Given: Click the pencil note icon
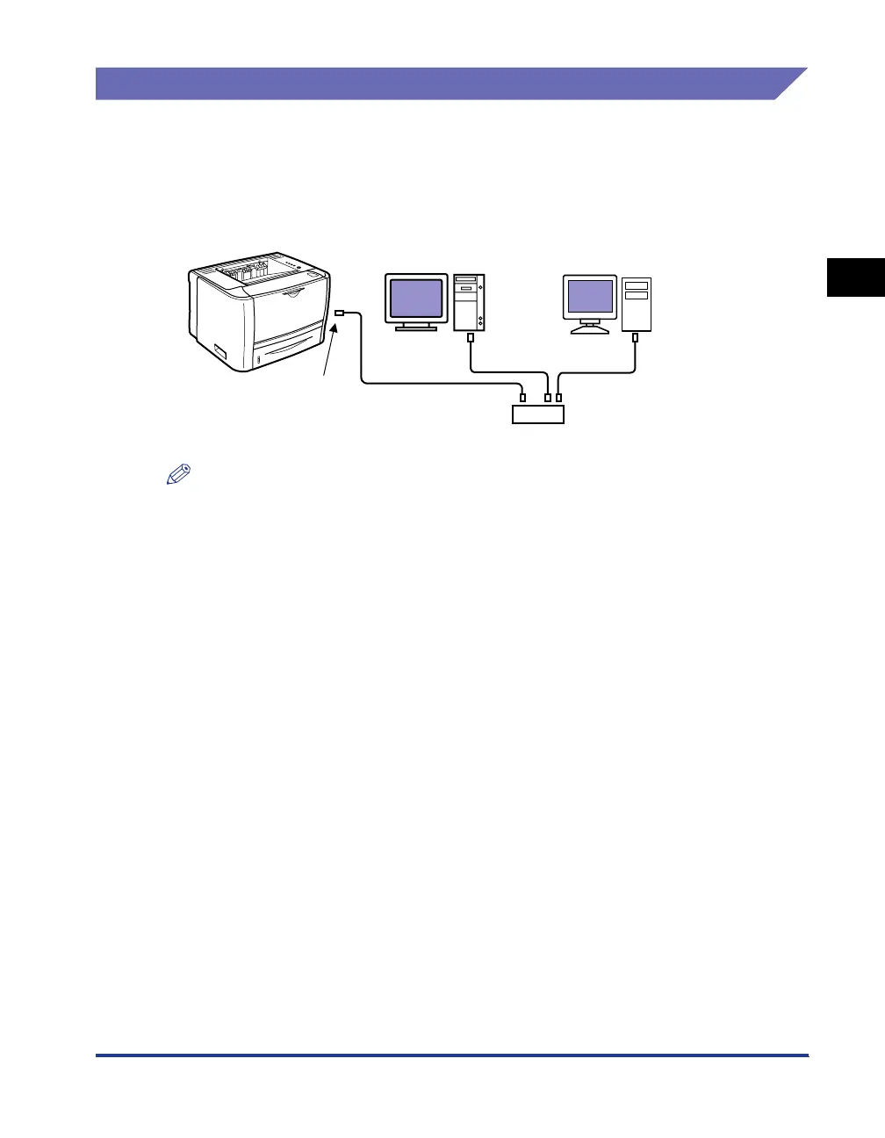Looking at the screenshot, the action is (x=178, y=476).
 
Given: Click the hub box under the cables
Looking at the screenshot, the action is (x=537, y=414).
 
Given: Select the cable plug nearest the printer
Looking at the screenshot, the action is (x=341, y=313).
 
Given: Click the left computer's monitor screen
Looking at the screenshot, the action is (x=417, y=298).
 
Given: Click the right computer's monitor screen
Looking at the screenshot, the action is (x=591, y=297).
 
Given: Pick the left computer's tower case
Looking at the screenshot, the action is (x=469, y=302).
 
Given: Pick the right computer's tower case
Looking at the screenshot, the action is (x=637, y=304).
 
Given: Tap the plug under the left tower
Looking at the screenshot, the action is (x=471, y=337).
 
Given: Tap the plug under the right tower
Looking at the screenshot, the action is (x=636, y=337).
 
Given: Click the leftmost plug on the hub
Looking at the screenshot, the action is (x=523, y=398).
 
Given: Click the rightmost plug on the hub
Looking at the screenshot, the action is (x=559, y=398).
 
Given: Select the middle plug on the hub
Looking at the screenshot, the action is (x=548, y=398).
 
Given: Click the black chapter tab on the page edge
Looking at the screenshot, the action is (x=855, y=277).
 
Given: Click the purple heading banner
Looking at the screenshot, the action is (x=439, y=83).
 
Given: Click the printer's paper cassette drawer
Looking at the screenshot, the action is (x=285, y=351).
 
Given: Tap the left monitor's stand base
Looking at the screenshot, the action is (x=416, y=328).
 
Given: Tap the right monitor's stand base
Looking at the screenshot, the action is (x=590, y=330).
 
